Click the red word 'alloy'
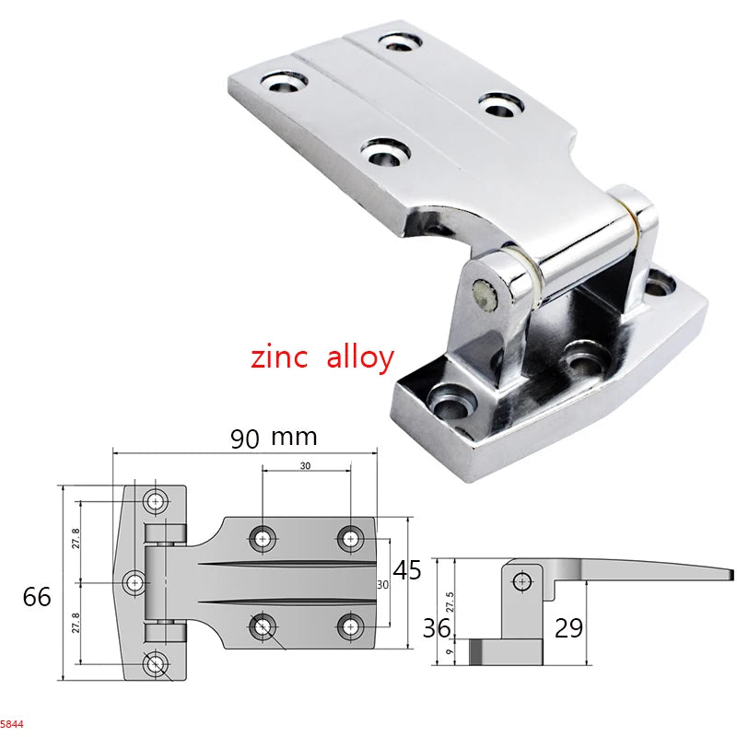(x=359, y=358)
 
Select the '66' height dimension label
(x=37, y=596)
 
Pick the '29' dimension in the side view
(x=568, y=629)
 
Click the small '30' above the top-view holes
(x=305, y=466)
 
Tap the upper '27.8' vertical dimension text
(x=76, y=539)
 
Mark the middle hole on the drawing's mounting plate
(x=135, y=582)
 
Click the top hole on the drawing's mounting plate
(x=156, y=501)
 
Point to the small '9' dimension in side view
(x=450, y=652)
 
